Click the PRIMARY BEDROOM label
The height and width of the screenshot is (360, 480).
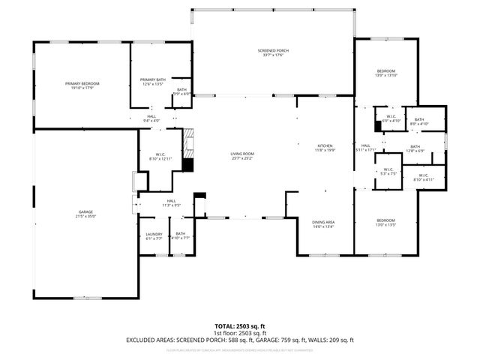pyautogui.click(x=82, y=83)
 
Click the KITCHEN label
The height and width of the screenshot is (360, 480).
pyautogui.click(x=325, y=145)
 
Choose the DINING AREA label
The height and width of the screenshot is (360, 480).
pyautogui.click(x=323, y=222)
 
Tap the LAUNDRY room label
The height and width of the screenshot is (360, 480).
pyautogui.click(x=153, y=233)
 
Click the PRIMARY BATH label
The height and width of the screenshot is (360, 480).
pyautogui.click(x=152, y=80)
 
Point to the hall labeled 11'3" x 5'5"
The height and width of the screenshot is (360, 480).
pyautogui.click(x=171, y=204)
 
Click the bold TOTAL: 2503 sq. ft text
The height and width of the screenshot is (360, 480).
pyautogui.click(x=240, y=325)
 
